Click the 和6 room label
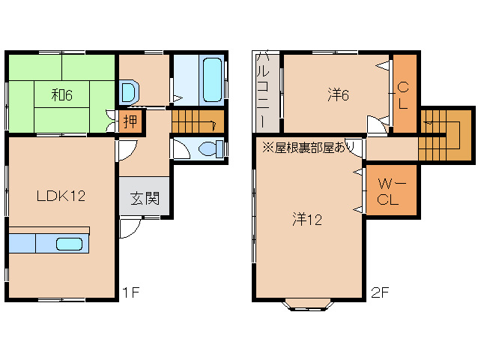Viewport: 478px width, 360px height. [62, 95]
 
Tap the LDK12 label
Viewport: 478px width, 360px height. [61, 196]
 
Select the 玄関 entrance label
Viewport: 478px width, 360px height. [145, 199]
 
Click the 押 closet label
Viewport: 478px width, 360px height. [130, 121]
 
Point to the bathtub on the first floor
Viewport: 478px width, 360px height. [212, 80]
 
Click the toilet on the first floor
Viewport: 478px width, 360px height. [211, 149]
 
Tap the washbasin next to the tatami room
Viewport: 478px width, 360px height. [129, 91]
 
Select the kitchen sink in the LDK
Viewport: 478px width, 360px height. [69, 244]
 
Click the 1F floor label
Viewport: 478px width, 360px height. [131, 292]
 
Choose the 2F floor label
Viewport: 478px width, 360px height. [380, 293]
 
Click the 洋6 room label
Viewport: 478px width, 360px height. [338, 95]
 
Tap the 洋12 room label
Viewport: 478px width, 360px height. [307, 219]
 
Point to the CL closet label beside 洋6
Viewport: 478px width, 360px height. [403, 95]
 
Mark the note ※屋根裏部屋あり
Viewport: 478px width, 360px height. [308, 148]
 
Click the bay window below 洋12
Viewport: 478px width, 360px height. [308, 304]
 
